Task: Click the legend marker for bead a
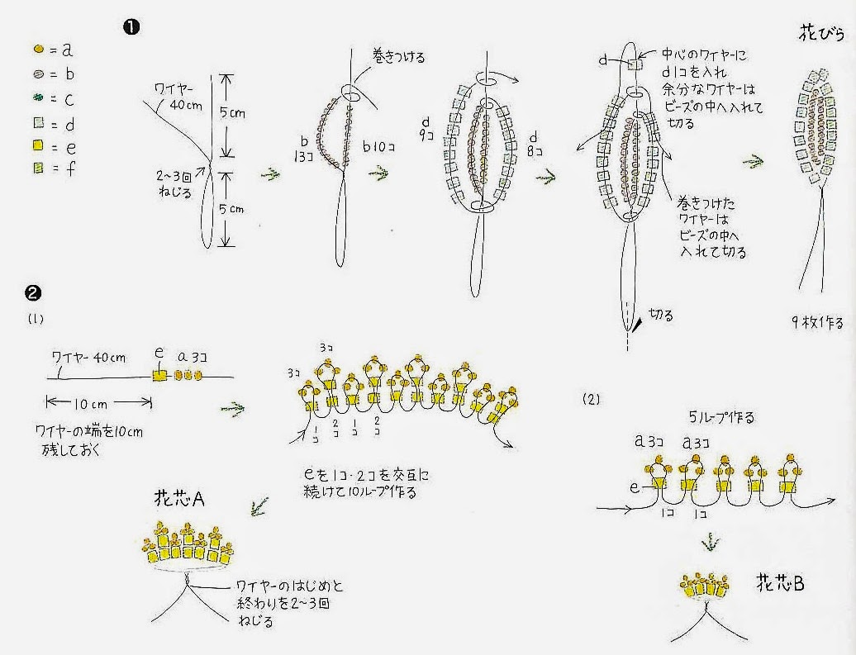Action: [38, 50]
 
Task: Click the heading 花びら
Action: [821, 35]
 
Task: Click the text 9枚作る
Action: [816, 322]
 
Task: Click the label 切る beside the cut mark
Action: [660, 315]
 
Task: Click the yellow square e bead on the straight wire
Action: [159, 375]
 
